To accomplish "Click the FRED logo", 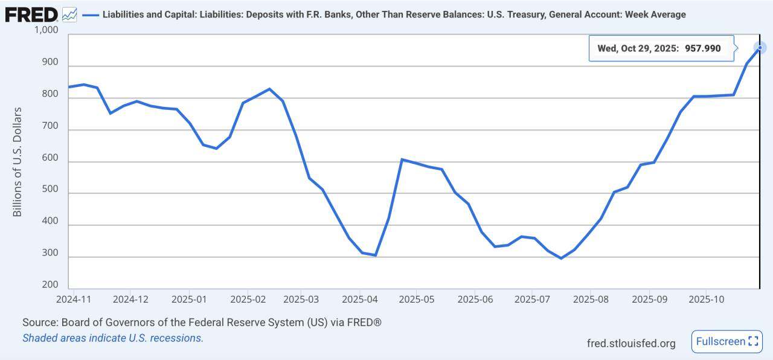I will (x=31, y=14).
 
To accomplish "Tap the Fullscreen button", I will (x=726, y=341).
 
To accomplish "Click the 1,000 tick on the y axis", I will (x=46, y=30).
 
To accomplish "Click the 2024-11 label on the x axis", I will (x=73, y=299).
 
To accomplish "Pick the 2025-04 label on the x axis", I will (x=359, y=299).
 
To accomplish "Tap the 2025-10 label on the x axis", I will (x=706, y=299).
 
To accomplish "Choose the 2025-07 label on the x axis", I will (x=532, y=299).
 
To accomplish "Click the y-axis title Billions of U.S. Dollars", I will (x=18, y=162).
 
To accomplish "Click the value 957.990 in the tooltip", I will (x=702, y=48).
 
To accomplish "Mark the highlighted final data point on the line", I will (x=760, y=47).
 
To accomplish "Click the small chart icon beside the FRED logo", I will (x=69, y=14).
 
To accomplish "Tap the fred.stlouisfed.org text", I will (x=631, y=343).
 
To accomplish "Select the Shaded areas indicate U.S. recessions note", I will (x=113, y=338).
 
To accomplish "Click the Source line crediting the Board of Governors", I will (x=202, y=323).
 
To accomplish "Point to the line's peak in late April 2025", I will (x=402, y=159).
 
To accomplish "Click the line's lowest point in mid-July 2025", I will (x=561, y=258).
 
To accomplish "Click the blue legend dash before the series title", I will (x=91, y=14).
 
